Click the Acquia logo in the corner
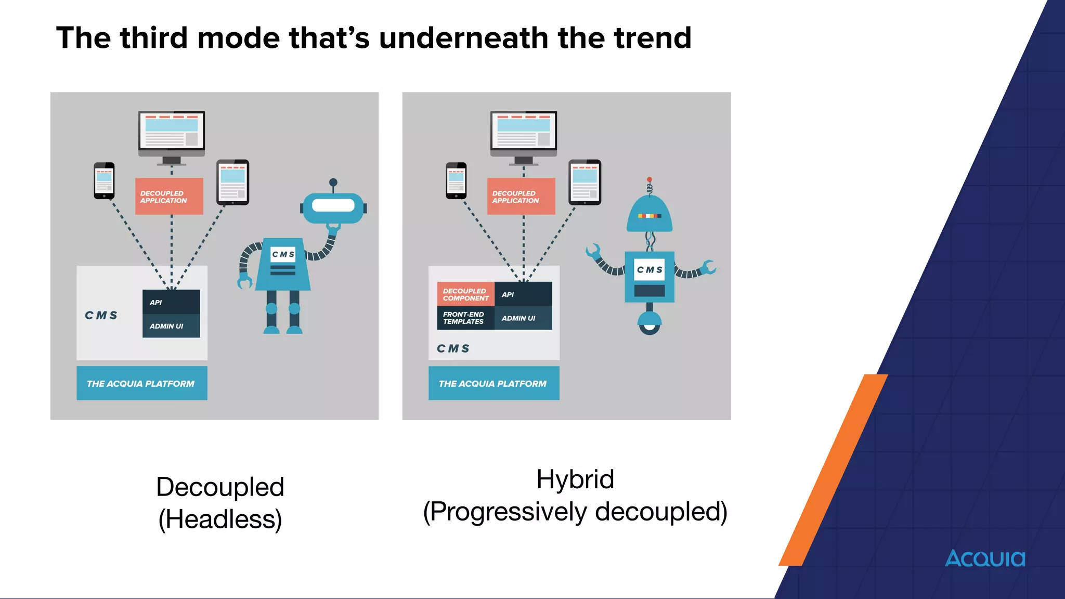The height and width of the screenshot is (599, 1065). tap(984, 558)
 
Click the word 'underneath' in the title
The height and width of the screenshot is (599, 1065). tap(463, 38)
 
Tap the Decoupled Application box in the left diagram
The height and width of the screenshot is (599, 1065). tap(169, 196)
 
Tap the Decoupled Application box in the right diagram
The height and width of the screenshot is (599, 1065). tap(521, 196)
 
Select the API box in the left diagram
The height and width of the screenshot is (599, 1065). tap(171, 302)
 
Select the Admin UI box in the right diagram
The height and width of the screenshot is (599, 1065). tap(523, 318)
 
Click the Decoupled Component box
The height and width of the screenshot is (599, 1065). tap(465, 294)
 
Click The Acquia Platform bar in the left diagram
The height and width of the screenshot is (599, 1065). tap(141, 383)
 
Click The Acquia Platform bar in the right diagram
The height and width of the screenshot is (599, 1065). tap(493, 383)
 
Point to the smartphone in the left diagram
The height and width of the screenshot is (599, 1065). tap(104, 180)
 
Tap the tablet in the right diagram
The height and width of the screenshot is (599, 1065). tap(585, 182)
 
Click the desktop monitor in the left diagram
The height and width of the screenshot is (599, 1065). tap(172, 133)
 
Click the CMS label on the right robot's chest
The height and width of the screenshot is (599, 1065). tap(650, 269)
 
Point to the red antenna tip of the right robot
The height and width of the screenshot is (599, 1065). tap(649, 179)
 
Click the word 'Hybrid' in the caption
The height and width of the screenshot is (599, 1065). tap(575, 479)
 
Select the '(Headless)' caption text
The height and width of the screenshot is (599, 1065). tap(220, 519)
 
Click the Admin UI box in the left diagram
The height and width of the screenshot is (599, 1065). tap(171, 326)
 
